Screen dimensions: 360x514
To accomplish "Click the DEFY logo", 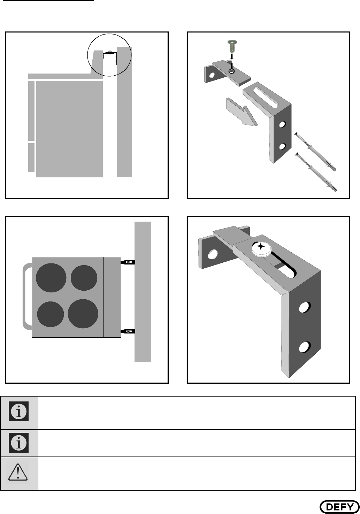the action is [x=339, y=506].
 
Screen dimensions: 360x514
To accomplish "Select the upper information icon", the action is [x=18, y=411].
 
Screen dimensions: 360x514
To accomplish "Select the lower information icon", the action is [x=18, y=443].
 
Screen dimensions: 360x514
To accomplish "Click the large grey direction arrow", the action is [x=242, y=112].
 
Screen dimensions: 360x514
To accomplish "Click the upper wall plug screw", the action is [x=315, y=152].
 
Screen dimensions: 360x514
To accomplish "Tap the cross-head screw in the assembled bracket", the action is [x=261, y=249].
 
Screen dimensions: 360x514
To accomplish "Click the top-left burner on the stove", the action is [x=51, y=278].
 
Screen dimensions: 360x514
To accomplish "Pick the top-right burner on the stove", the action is [x=84, y=278].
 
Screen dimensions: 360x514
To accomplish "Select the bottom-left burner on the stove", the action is [x=51, y=314].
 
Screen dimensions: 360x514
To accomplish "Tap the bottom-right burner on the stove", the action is [x=83, y=313].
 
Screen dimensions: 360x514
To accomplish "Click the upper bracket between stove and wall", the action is [x=128, y=262].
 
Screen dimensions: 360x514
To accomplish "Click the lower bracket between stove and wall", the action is [x=128, y=331].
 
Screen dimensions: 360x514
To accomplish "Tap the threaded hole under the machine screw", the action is [x=232, y=71].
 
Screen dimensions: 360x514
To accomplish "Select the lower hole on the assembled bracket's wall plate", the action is [x=305, y=347].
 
